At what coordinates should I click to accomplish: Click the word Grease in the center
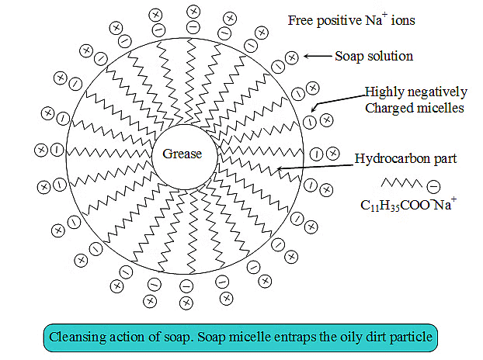(x=182, y=154)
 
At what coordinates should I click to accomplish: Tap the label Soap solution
(x=374, y=57)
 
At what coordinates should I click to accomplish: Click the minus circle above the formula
(x=433, y=186)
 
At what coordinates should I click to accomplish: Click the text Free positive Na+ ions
(x=350, y=20)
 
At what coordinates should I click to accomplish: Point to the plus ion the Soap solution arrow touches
(x=292, y=57)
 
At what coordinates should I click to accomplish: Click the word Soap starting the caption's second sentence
(x=201, y=338)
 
